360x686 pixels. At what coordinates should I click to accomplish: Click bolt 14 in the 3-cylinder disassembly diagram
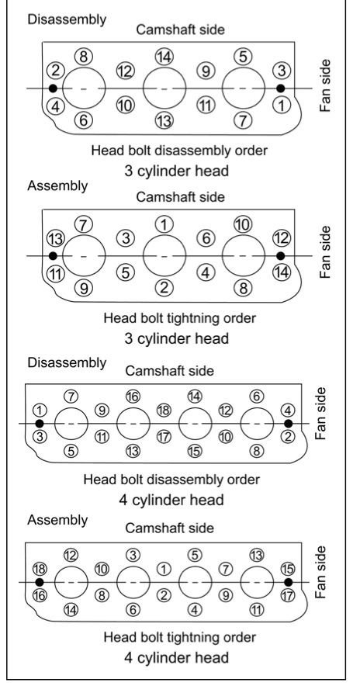tap(164, 57)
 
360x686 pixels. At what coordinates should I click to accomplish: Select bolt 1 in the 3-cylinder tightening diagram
tap(164, 224)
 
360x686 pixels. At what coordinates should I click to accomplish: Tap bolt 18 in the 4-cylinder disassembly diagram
tap(164, 411)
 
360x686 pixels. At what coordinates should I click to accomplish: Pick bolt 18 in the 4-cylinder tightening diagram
tap(40, 569)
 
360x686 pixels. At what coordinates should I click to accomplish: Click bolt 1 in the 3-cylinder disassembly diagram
tap(282, 105)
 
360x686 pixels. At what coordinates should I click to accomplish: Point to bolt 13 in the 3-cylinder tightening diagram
tap(56, 239)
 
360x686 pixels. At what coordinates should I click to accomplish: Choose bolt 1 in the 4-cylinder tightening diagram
tap(164, 569)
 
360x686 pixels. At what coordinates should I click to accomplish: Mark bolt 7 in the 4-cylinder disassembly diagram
tap(71, 397)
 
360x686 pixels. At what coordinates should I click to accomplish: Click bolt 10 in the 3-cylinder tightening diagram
tap(243, 224)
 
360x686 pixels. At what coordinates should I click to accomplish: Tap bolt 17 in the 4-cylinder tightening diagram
tap(288, 595)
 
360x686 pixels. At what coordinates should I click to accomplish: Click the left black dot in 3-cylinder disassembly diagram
tap(53, 88)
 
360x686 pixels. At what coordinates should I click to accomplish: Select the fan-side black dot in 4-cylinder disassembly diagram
tap(288, 424)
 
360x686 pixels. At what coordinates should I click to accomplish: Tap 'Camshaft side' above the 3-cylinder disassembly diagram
tap(180, 29)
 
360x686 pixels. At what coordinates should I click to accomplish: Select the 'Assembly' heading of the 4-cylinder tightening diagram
tap(57, 520)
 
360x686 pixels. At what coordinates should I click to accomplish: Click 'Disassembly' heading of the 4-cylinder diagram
tap(67, 362)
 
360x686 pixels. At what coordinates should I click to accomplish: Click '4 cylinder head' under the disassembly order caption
tap(171, 500)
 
